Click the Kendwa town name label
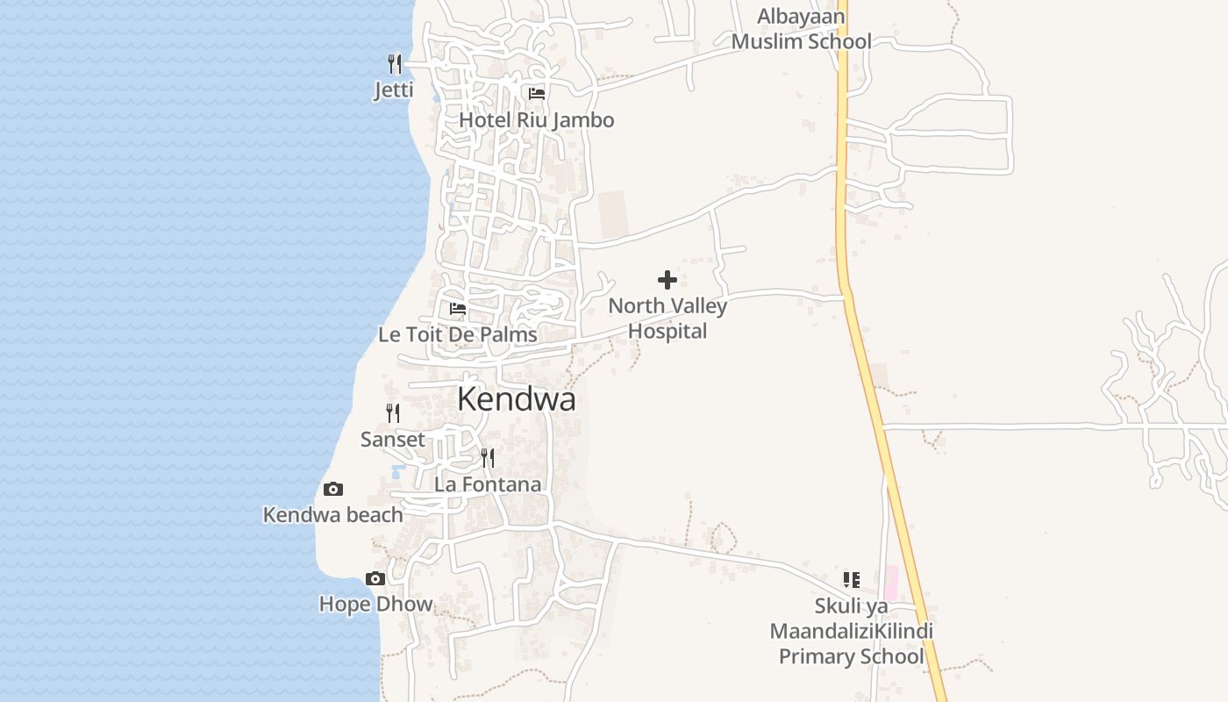(x=517, y=399)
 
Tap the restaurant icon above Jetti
(x=395, y=63)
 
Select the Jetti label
(x=394, y=90)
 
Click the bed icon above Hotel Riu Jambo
(x=537, y=93)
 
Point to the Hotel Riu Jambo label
(x=537, y=120)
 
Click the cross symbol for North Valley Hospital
(x=668, y=280)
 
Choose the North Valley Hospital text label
(x=668, y=319)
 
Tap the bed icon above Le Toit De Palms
(x=458, y=308)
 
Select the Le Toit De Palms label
(x=458, y=334)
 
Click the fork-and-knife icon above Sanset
(x=393, y=412)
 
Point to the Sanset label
(x=393, y=440)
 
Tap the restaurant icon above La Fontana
(x=488, y=457)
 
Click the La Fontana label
(x=488, y=484)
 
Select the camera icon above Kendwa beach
(x=333, y=489)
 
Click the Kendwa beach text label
(x=333, y=515)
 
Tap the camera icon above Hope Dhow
(x=375, y=578)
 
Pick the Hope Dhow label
(x=375, y=605)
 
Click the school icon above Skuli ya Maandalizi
(x=852, y=579)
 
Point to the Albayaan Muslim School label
(x=802, y=29)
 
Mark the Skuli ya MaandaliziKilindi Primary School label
(x=852, y=631)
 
